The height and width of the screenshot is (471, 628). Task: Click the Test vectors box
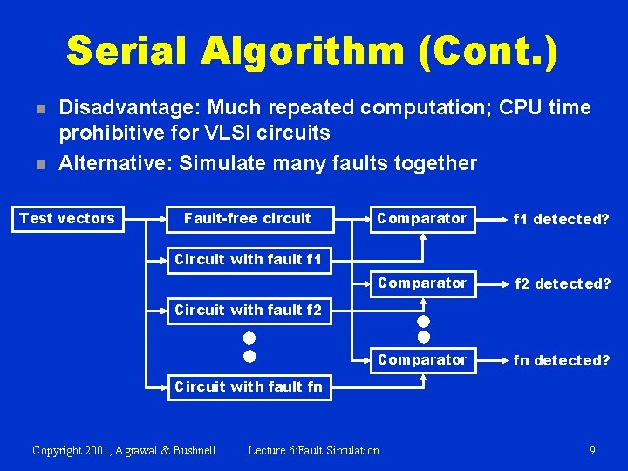click(x=67, y=218)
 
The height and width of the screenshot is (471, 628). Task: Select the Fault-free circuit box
click(x=247, y=218)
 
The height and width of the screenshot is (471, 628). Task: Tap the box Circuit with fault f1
click(x=248, y=259)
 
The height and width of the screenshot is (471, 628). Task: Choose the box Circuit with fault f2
click(x=248, y=310)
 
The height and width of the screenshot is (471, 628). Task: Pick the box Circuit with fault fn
click(x=248, y=386)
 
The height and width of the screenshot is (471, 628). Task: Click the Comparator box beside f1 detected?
click(x=421, y=218)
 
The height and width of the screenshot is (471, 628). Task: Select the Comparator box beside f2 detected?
click(x=421, y=283)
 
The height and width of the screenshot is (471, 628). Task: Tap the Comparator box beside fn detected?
click(x=421, y=359)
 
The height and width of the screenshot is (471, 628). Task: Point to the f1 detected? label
click(x=562, y=219)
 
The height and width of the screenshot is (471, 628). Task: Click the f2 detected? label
click(x=562, y=283)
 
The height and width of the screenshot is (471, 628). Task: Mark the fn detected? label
click(x=562, y=360)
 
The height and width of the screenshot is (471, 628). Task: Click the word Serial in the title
click(x=127, y=51)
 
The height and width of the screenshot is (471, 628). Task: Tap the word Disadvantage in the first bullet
click(x=114, y=108)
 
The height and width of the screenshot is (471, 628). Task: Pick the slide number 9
click(x=592, y=450)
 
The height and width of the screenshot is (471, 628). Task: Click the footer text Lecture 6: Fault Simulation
click(x=313, y=450)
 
